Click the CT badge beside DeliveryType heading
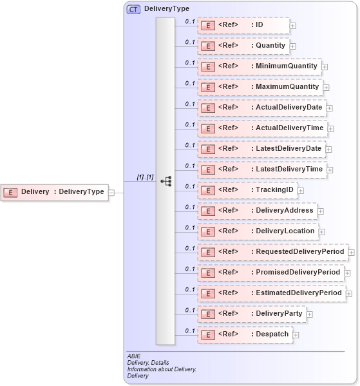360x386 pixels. point(134,9)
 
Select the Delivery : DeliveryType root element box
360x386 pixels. point(54,191)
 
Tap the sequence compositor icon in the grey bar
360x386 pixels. point(166,182)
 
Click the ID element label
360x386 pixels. point(259,25)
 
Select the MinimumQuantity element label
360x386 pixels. point(287,66)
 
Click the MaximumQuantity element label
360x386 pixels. point(287,87)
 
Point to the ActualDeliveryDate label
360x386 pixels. point(290,108)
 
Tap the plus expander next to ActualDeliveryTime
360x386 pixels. point(330,129)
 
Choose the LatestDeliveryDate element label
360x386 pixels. point(289,149)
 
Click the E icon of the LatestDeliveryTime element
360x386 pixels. point(207,169)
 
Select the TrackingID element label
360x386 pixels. point(274,190)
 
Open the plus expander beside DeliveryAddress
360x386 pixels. point(321,211)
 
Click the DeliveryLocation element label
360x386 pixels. point(285,231)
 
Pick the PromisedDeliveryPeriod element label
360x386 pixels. point(298,273)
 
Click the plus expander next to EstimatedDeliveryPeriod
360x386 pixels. point(349,294)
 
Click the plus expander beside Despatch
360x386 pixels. point(296,335)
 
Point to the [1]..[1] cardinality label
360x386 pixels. point(145,177)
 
